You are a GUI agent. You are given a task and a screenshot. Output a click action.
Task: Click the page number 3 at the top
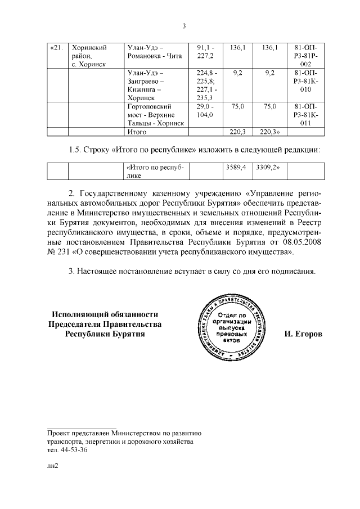(183, 25)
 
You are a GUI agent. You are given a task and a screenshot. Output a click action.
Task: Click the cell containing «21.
(56, 48)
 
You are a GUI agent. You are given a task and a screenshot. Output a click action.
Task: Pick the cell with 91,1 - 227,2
(205, 52)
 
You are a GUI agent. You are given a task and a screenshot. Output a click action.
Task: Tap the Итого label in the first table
(137, 132)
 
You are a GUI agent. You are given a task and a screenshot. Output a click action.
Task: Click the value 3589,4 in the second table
(236, 168)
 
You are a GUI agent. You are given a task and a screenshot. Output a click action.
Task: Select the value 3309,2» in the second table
(268, 168)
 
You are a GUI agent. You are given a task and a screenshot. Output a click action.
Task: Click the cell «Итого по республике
(155, 172)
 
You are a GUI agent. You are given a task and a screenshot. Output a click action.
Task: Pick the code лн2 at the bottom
(53, 466)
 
